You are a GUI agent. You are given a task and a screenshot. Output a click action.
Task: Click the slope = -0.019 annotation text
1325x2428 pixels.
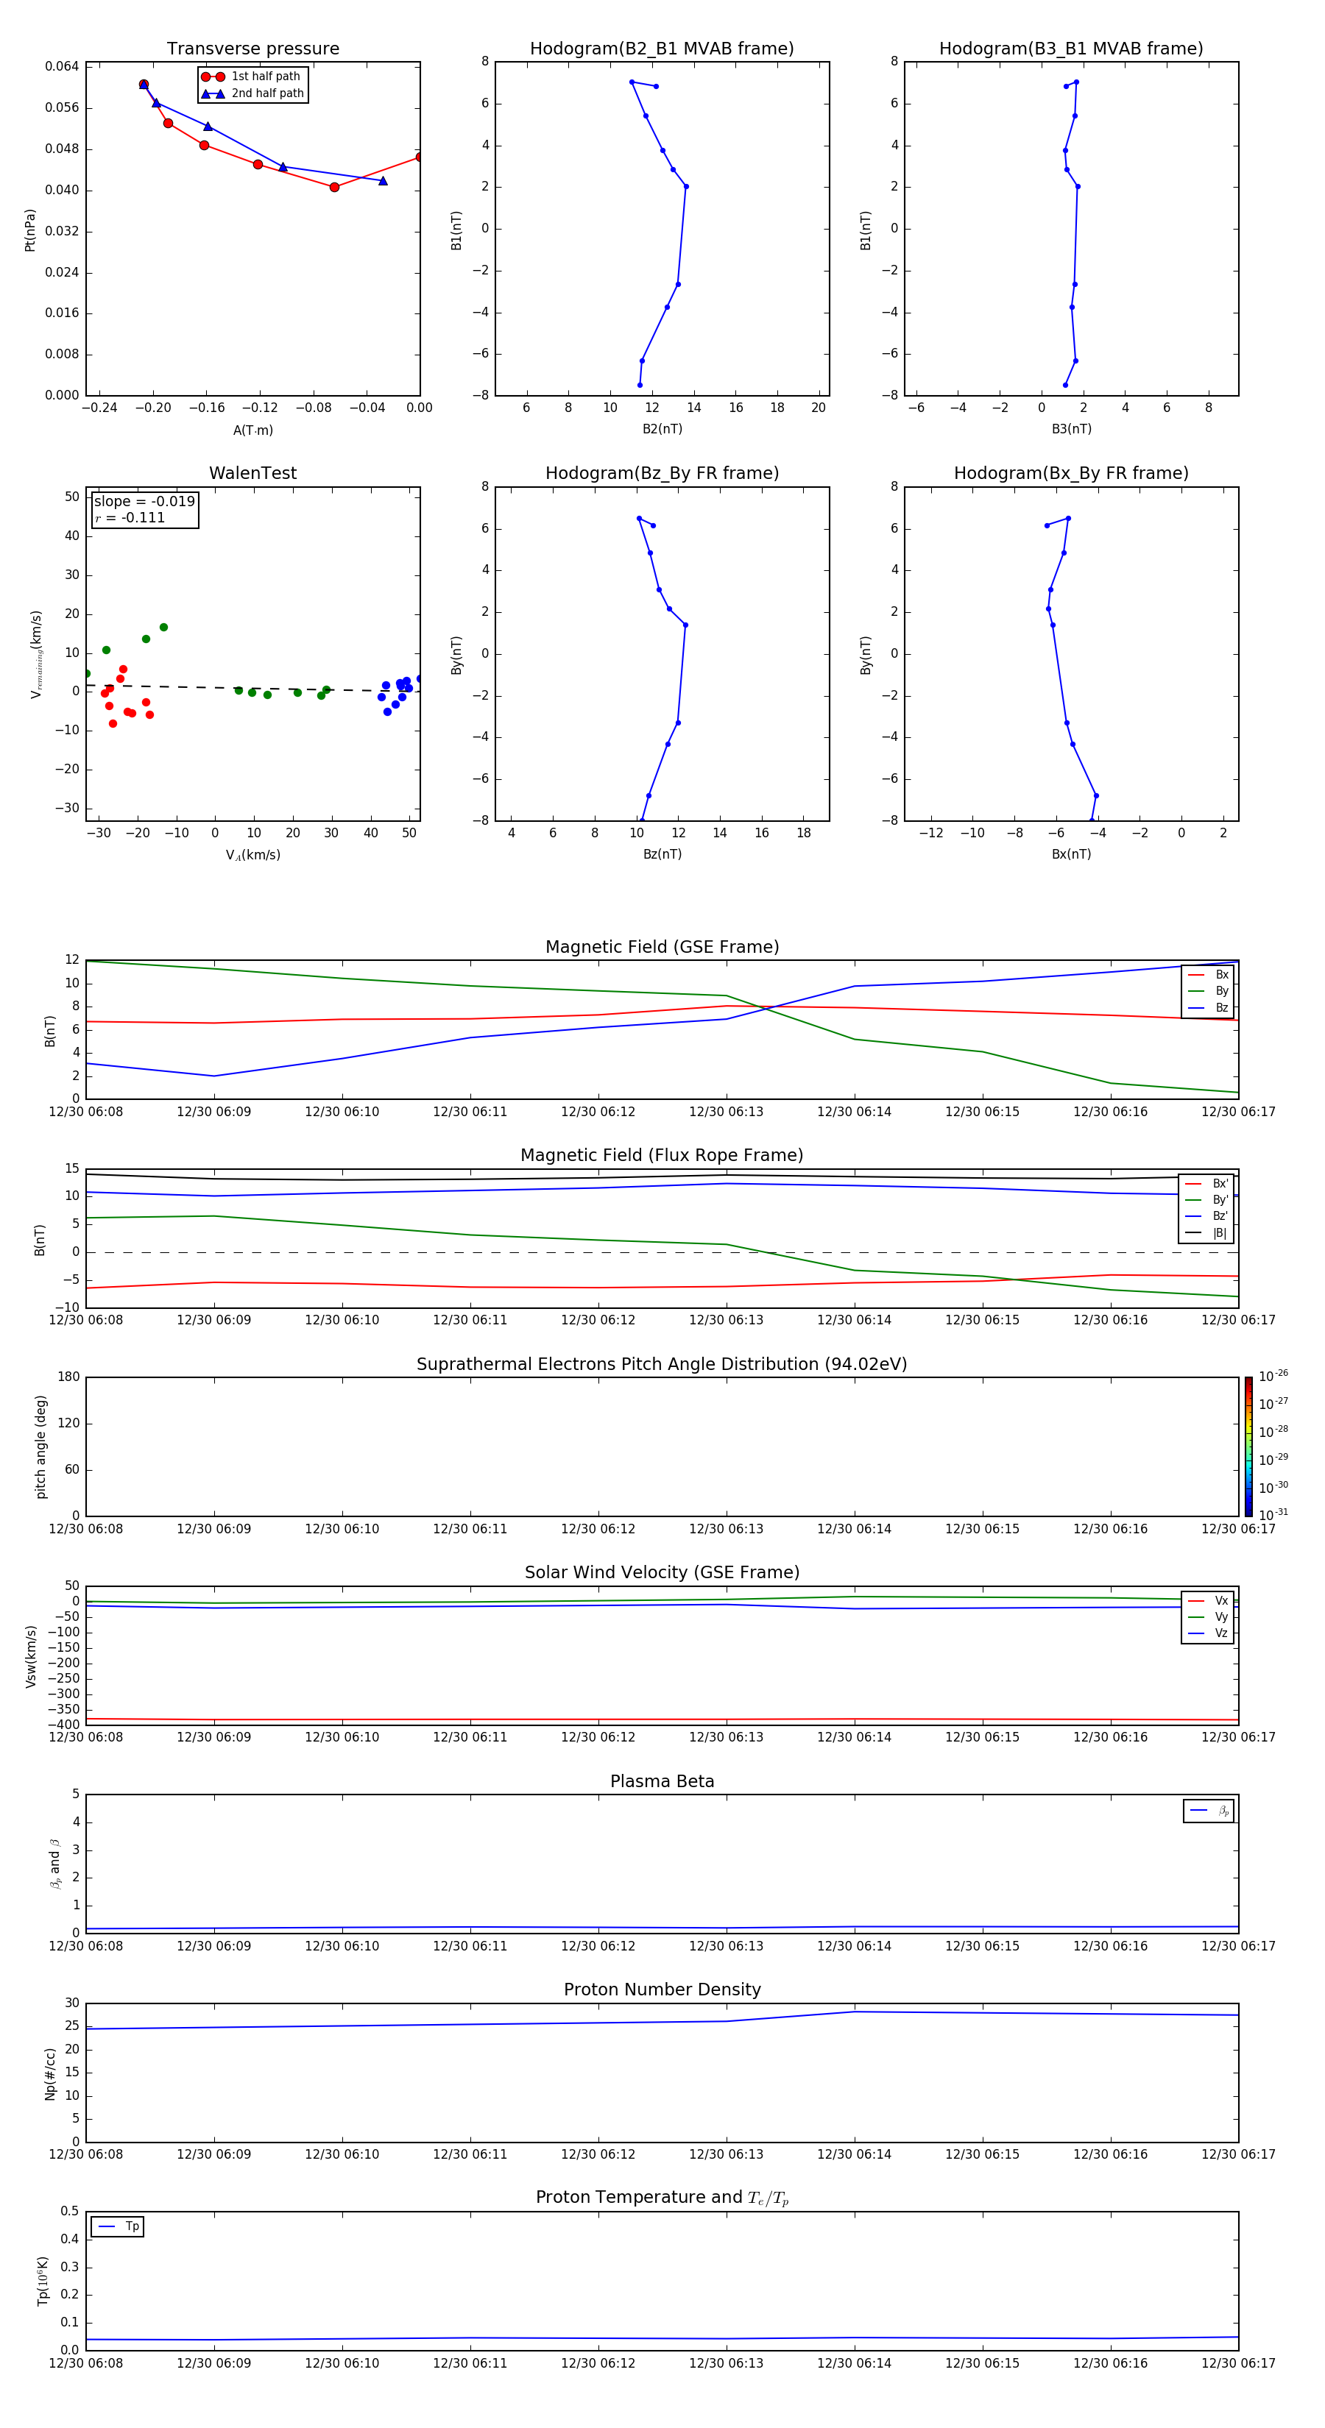(x=144, y=502)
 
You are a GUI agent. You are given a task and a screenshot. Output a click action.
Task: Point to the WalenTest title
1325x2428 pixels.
(x=252, y=473)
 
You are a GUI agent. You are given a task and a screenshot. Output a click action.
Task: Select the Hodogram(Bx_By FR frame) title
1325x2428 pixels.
(x=1070, y=473)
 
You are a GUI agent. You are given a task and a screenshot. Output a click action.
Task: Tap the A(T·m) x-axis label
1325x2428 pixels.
(x=252, y=430)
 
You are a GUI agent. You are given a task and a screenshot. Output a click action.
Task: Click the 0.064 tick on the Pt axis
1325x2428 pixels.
(x=63, y=66)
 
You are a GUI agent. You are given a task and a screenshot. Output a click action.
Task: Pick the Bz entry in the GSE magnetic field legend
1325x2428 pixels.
(x=1221, y=1007)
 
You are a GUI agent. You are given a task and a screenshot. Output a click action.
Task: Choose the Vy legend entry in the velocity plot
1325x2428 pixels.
(x=1221, y=1617)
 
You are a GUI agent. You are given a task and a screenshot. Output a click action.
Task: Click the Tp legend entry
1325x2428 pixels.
(x=132, y=2226)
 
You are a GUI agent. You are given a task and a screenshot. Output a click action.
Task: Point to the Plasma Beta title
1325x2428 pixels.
(x=662, y=1781)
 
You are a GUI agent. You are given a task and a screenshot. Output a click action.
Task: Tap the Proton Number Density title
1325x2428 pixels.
(x=662, y=1989)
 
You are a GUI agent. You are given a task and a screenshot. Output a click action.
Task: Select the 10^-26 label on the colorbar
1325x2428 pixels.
(x=1273, y=1376)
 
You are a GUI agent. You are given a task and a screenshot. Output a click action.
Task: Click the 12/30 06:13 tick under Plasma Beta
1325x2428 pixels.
(x=726, y=1946)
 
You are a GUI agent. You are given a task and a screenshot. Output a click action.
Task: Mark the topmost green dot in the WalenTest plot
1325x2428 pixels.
(x=163, y=627)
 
